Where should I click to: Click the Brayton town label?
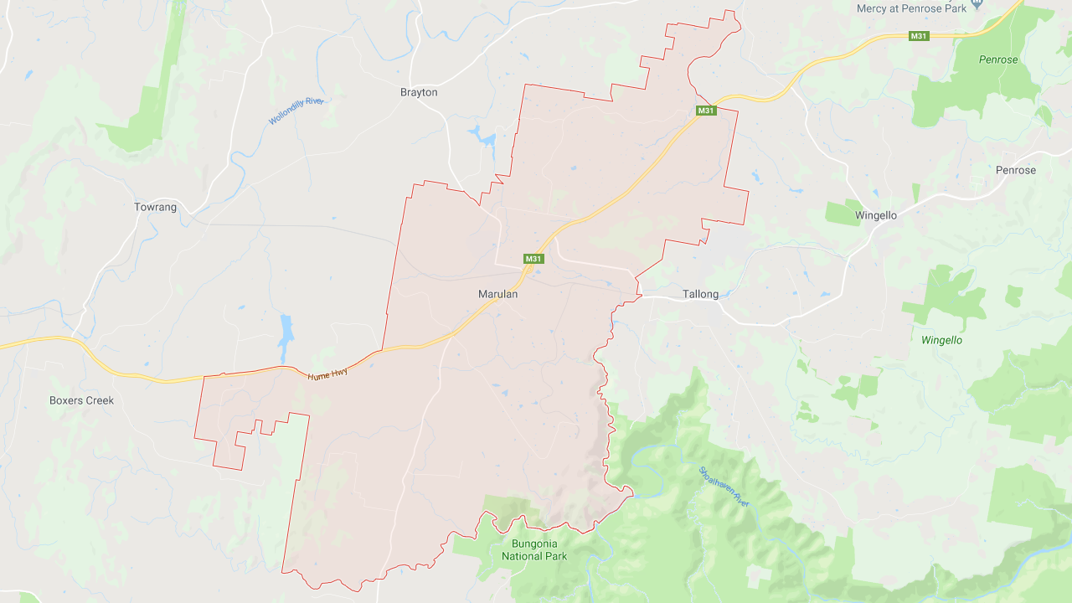[419, 92]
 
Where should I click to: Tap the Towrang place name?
[155, 207]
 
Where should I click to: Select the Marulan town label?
[497, 294]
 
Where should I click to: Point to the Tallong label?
[700, 294]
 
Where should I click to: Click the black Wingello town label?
[875, 215]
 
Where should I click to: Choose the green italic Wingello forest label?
[941, 340]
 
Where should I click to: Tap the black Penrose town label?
[1015, 170]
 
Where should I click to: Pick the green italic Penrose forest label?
[998, 59]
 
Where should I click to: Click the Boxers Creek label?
[81, 400]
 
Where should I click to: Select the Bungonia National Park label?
[533, 550]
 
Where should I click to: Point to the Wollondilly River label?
[296, 111]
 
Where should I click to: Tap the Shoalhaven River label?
[724, 486]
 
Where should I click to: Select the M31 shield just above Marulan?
[533, 259]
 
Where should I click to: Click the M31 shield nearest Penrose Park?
[920, 35]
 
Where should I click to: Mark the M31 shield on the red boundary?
[706, 111]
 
